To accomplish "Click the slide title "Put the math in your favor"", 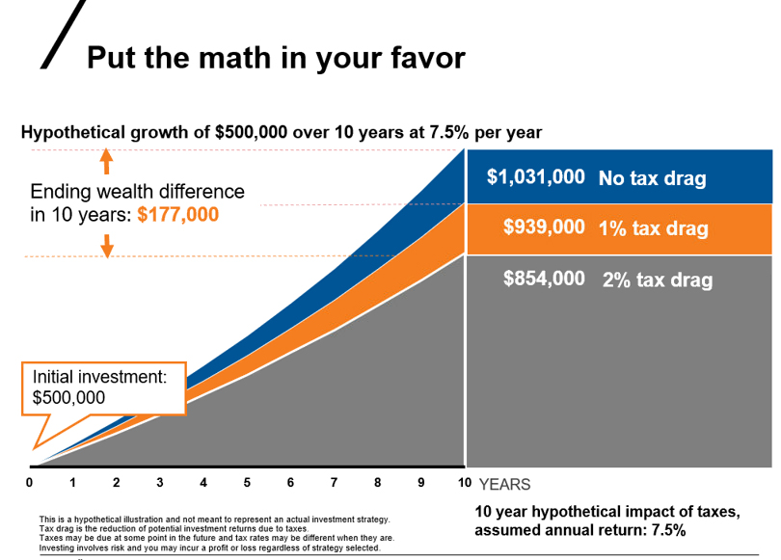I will click(276, 57).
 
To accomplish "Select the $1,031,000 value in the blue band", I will click(535, 177).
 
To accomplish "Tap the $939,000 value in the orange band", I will click(544, 227).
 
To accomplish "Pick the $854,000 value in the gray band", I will click(544, 279).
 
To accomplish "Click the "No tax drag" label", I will click(652, 178).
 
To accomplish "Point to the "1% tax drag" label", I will click(653, 228).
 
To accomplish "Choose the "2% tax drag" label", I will click(658, 280).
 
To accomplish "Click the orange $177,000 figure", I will click(178, 215).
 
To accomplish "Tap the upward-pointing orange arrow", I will click(107, 160).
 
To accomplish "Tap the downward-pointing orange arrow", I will click(107, 245).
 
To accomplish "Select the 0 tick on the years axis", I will click(30, 483).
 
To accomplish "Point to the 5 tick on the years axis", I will click(247, 483).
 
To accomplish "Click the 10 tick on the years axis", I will click(464, 483).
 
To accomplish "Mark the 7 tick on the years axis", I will click(334, 483).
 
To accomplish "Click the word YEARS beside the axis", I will click(504, 484).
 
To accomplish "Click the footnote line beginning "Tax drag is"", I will click(174, 529).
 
